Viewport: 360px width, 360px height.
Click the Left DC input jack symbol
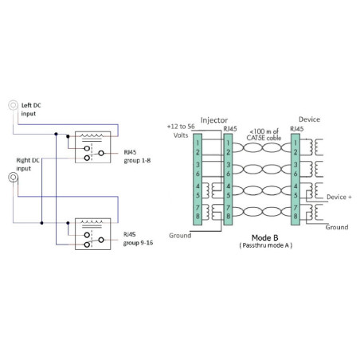13,105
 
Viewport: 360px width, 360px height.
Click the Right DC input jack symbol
13,178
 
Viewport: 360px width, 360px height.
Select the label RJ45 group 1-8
137,156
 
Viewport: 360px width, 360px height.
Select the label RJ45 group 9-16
138,239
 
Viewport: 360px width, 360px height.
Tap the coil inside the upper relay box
92,136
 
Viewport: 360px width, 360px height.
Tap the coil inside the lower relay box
92,222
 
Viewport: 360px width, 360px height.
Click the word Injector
214,120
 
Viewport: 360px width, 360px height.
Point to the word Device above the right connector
309,119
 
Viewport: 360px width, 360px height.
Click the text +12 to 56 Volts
181,131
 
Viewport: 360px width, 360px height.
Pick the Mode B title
264,237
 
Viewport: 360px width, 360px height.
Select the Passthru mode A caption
266,245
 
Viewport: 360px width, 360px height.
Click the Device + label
339,197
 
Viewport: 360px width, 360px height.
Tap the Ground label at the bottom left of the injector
180,236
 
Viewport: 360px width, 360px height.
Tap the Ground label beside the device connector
337,227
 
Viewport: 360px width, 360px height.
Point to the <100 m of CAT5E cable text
264,135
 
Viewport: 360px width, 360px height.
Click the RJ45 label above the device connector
296,129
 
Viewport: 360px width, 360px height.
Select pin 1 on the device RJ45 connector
295,143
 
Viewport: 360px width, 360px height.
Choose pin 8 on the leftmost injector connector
198,216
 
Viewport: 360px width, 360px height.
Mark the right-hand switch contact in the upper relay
101,153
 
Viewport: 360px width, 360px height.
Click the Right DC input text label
28,164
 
